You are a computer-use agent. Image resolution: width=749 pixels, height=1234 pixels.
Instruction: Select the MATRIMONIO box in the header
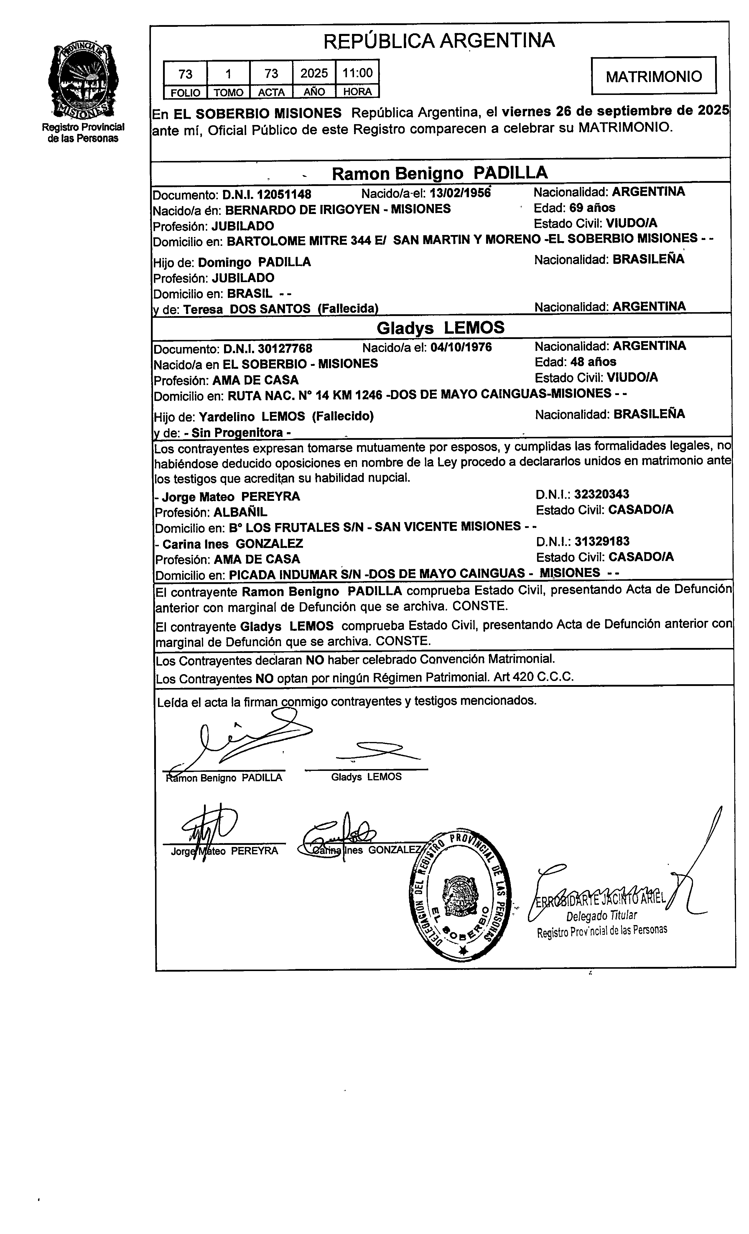pos(653,76)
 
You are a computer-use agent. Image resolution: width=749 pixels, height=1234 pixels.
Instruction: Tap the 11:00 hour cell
pos(357,73)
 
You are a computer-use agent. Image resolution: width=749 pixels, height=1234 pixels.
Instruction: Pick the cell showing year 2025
pos(314,73)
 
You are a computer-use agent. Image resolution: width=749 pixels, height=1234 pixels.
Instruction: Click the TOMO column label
pos(228,93)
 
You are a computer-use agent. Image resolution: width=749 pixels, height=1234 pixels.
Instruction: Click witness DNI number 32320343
pos(601,495)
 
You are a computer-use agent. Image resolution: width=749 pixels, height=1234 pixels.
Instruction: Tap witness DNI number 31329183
pos(602,541)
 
